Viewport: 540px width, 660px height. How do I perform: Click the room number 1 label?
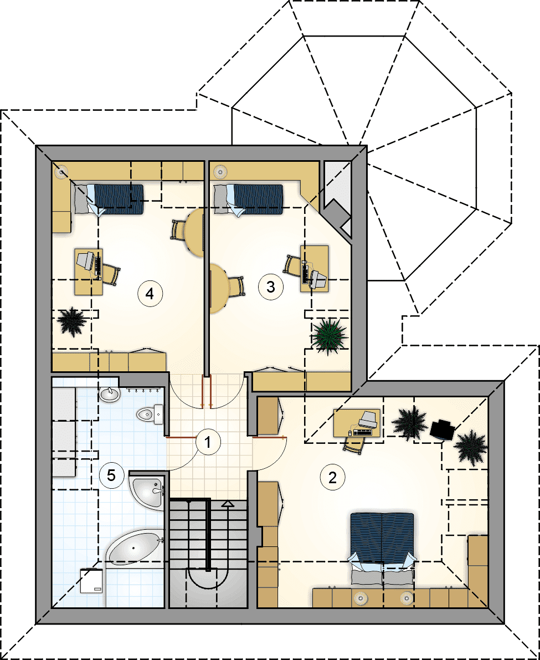coord(207,442)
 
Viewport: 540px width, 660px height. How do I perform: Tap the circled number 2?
coord(333,478)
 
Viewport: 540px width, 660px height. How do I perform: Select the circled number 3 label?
coord(270,287)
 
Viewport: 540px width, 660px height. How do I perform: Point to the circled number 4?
coord(150,294)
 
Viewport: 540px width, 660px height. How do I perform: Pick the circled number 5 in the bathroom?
coord(111,475)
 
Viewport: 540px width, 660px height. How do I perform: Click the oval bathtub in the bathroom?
coord(134,547)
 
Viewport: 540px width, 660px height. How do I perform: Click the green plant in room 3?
coord(330,336)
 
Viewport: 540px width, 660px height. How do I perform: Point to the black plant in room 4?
coord(72,321)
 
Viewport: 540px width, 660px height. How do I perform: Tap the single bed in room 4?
coord(109,199)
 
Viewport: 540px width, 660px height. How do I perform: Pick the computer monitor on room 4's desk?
coord(86,260)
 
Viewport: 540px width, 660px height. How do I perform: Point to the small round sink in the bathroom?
coord(110,395)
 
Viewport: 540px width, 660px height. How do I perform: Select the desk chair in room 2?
coord(354,443)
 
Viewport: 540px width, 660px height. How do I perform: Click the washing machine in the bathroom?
coord(92,580)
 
